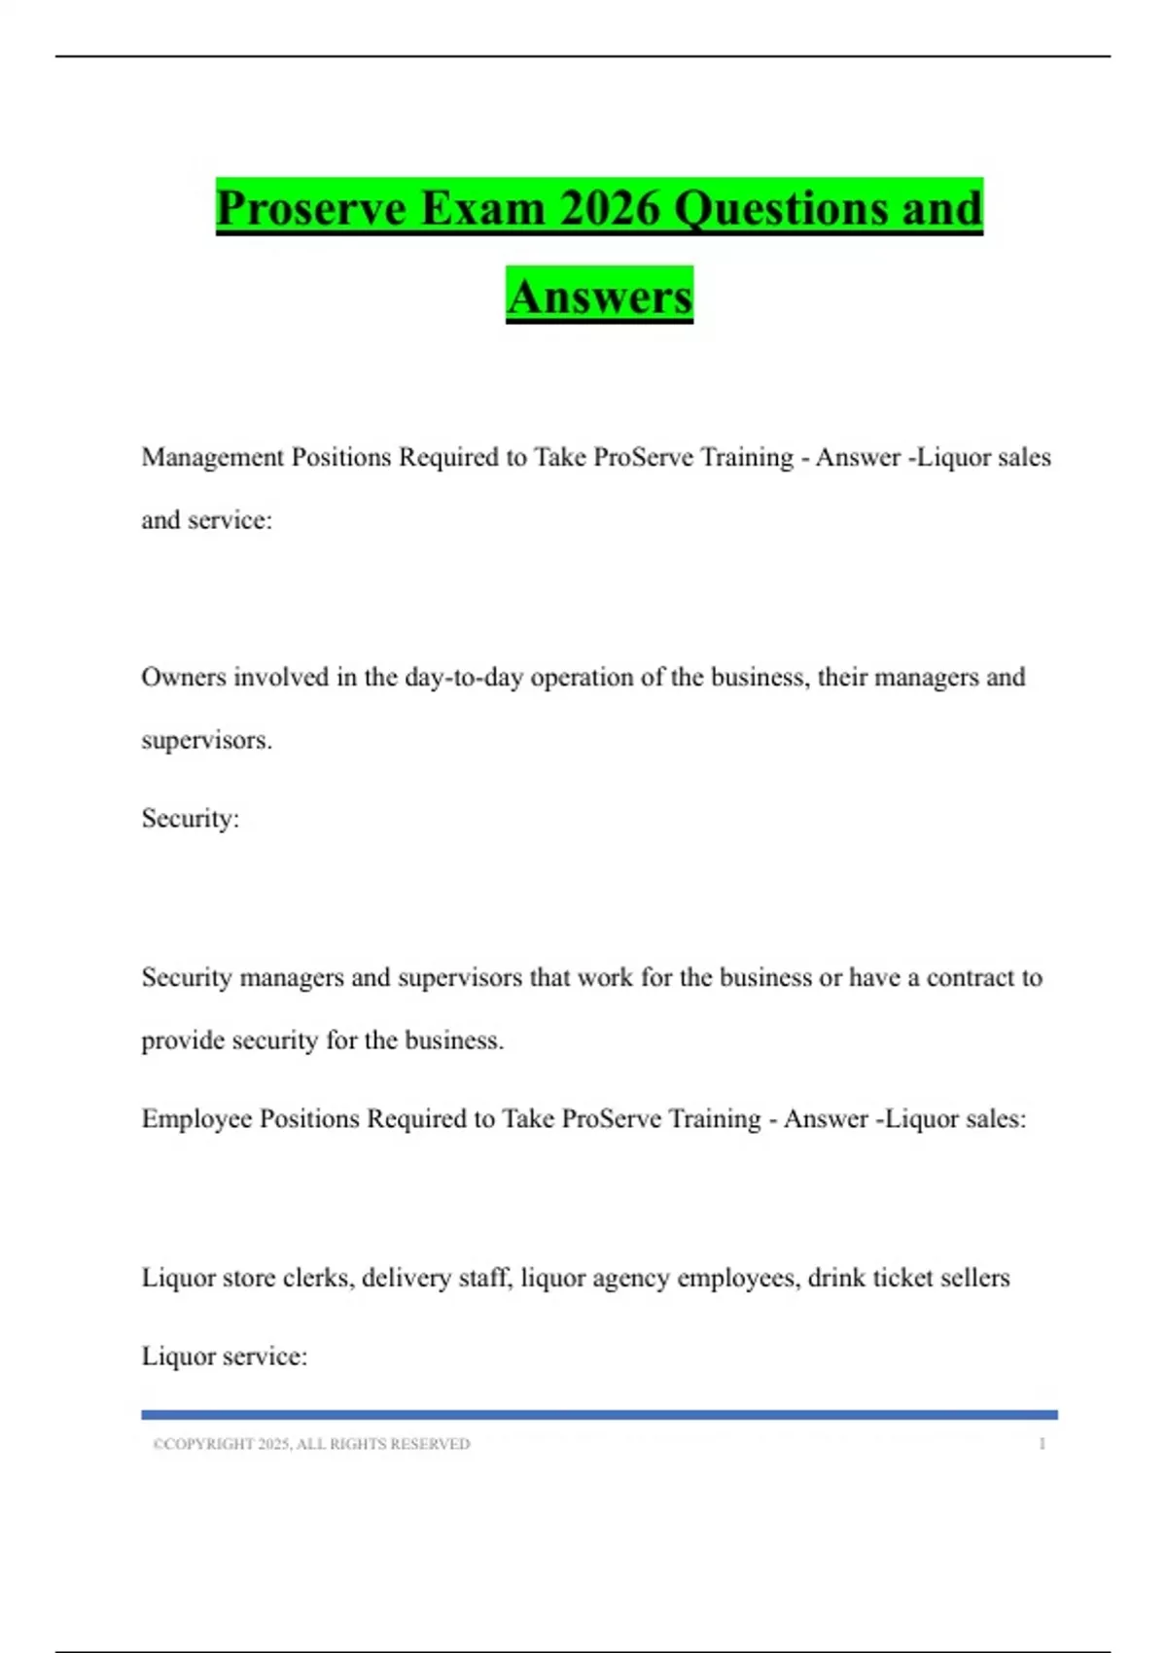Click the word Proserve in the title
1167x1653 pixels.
[x=311, y=208]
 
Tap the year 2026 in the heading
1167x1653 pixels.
[x=610, y=208]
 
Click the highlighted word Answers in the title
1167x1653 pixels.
[x=599, y=296]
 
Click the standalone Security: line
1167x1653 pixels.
[x=190, y=818]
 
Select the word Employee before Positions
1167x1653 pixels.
[x=196, y=1119]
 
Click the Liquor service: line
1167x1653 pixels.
[x=224, y=1356]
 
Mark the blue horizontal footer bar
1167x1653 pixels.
[x=599, y=1415]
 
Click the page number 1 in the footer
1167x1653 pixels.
[x=1042, y=1444]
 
